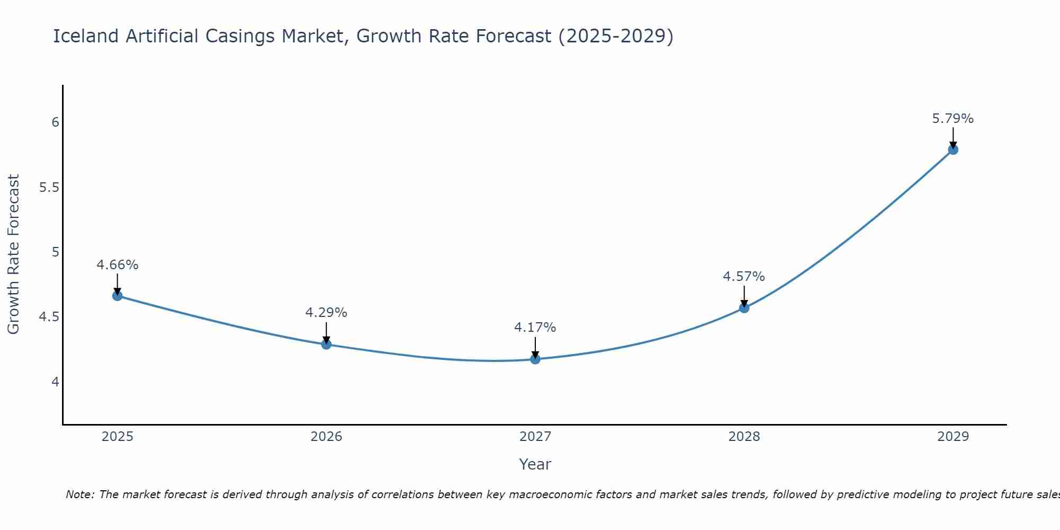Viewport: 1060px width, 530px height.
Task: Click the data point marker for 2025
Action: coord(117,296)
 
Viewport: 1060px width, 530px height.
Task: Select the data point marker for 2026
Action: coord(326,344)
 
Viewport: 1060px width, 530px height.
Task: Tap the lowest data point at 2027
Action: coord(535,359)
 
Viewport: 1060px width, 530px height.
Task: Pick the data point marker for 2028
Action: coord(744,308)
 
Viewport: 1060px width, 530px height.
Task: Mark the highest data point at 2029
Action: coord(953,149)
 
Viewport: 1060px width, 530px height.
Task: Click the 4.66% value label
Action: coord(117,265)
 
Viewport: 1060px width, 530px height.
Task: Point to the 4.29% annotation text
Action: coord(326,313)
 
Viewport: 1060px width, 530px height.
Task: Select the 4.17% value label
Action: coord(535,328)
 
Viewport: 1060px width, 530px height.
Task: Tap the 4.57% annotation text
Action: coord(744,277)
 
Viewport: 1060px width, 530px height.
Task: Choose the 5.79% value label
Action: coord(953,119)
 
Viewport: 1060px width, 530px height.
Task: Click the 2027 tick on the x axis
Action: coord(535,437)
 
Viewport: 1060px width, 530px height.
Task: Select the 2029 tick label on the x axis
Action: coord(953,437)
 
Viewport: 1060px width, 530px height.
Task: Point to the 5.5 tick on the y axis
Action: coord(49,188)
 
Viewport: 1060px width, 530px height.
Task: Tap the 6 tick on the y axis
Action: coord(55,122)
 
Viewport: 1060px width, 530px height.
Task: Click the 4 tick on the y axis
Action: coord(55,382)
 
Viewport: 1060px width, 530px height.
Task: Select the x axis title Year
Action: coord(535,464)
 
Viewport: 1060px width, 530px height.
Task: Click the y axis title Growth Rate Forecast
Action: coord(13,254)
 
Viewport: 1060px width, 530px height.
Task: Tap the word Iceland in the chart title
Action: coord(86,37)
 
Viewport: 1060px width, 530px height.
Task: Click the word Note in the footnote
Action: coord(79,494)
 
